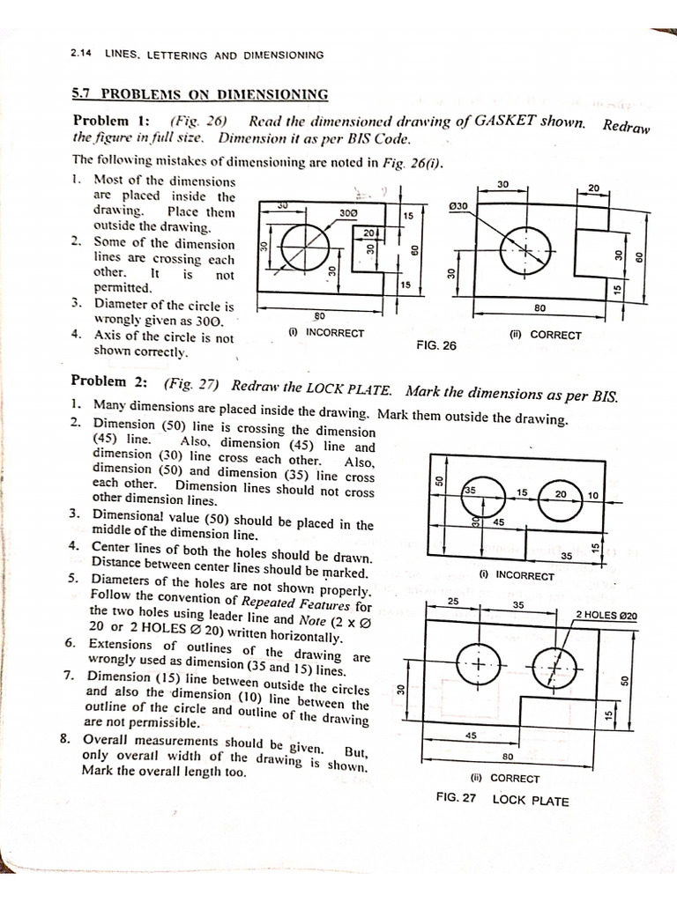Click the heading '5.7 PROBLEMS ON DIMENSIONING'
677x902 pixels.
click(x=199, y=94)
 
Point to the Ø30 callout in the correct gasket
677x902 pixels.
click(x=458, y=206)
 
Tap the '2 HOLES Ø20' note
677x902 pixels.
click(x=606, y=615)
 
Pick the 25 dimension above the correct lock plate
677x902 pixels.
click(x=454, y=601)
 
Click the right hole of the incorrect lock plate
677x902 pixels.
click(x=560, y=495)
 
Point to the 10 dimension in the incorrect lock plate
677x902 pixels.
click(x=592, y=495)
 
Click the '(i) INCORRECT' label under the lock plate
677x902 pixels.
click(x=517, y=575)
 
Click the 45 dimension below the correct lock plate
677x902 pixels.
click(x=471, y=735)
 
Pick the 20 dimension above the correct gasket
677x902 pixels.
click(x=593, y=188)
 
